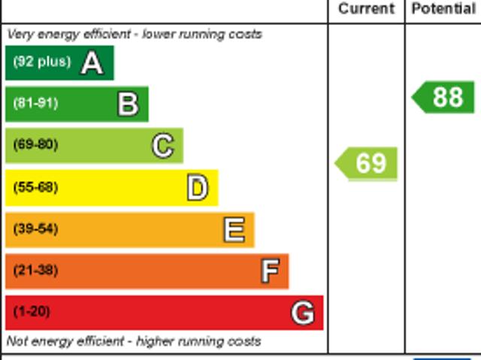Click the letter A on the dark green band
click(x=92, y=62)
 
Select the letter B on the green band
click(x=128, y=104)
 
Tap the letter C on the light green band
click(x=163, y=145)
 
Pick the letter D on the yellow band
click(x=198, y=188)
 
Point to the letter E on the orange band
click(x=234, y=229)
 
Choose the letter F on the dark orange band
click(x=270, y=271)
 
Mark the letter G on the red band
click(x=303, y=312)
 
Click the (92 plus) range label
click(x=41, y=62)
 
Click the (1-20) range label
click(x=32, y=311)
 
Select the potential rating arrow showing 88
click(x=444, y=97)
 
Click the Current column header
click(x=366, y=9)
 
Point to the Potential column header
click(x=443, y=9)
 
